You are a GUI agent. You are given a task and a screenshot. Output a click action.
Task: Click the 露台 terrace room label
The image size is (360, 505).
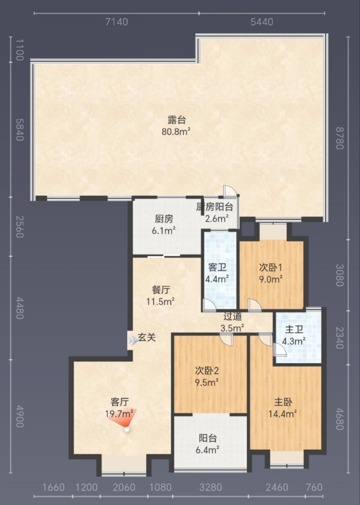click(177, 120)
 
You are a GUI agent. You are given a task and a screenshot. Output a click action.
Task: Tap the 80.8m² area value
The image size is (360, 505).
click(176, 131)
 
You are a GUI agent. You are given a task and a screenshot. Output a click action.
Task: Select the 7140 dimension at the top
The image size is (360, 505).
click(116, 22)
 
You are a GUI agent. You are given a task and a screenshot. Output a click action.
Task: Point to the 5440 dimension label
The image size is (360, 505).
click(262, 22)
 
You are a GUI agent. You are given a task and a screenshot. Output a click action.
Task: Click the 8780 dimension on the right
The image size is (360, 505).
click(340, 138)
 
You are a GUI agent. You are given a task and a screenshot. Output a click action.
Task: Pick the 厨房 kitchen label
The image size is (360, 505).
click(164, 219)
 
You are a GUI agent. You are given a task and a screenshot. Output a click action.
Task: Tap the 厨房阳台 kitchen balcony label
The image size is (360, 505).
click(215, 207)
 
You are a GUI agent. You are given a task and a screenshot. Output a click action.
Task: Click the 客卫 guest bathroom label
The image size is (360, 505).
click(217, 267)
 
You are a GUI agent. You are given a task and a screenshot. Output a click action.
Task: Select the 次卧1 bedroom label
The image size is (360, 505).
click(271, 267)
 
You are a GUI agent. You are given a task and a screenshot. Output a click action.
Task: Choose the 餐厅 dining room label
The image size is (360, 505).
click(161, 290)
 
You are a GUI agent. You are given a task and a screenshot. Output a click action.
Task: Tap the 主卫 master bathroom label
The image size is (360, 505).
click(294, 330)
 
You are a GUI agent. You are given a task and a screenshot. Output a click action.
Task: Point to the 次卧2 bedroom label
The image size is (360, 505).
click(207, 371)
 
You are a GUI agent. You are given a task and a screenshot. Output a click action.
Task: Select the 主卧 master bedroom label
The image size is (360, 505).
click(283, 402)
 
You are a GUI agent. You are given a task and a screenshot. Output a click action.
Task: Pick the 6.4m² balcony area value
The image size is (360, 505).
click(208, 450)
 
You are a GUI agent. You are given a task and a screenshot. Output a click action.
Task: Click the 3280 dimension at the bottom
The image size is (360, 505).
click(210, 487)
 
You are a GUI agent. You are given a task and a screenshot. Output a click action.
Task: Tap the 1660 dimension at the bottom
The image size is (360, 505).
click(54, 487)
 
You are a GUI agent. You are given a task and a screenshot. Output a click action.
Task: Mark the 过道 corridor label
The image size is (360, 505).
click(232, 317)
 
